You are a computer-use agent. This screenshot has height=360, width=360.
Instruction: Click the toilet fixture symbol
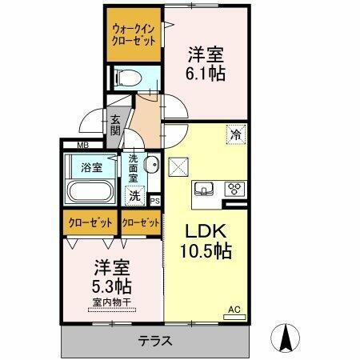[127, 77]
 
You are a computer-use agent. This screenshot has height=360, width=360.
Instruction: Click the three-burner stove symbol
[235, 190]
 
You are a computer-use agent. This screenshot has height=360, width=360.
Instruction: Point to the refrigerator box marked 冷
[236, 135]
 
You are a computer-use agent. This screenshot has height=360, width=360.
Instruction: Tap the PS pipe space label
[154, 201]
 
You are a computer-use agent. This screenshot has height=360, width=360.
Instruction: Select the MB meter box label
[83, 145]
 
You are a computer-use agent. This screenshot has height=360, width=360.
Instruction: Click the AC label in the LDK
[234, 309]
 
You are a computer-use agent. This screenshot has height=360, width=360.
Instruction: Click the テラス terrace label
[154, 340]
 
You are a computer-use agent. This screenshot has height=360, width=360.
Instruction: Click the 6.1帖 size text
[206, 74]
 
